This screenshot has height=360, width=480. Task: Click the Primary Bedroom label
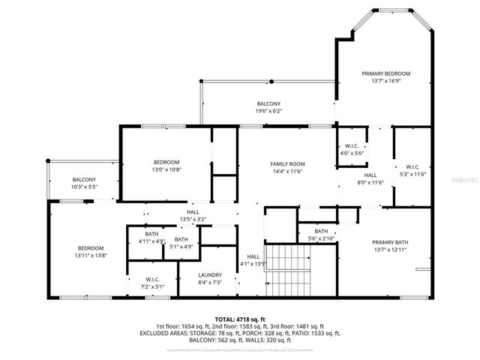(x=385, y=73)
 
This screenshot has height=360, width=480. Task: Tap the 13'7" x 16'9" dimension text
(x=385, y=82)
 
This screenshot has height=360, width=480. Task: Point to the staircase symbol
(x=289, y=271)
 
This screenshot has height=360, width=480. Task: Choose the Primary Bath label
(x=390, y=242)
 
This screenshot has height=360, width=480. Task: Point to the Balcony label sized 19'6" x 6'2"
(x=268, y=103)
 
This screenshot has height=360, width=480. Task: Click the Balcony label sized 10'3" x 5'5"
(x=84, y=179)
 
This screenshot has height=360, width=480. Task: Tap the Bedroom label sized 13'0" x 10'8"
(x=166, y=162)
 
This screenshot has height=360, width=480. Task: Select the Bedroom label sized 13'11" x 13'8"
(x=89, y=248)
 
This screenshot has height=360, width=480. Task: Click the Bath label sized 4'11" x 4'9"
(x=151, y=235)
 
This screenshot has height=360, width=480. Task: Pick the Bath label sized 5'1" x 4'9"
(x=182, y=239)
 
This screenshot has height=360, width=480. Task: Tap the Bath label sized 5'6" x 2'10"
(x=321, y=232)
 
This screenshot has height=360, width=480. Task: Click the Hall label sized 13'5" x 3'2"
(x=192, y=212)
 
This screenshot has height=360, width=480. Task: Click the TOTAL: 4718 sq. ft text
(x=240, y=319)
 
